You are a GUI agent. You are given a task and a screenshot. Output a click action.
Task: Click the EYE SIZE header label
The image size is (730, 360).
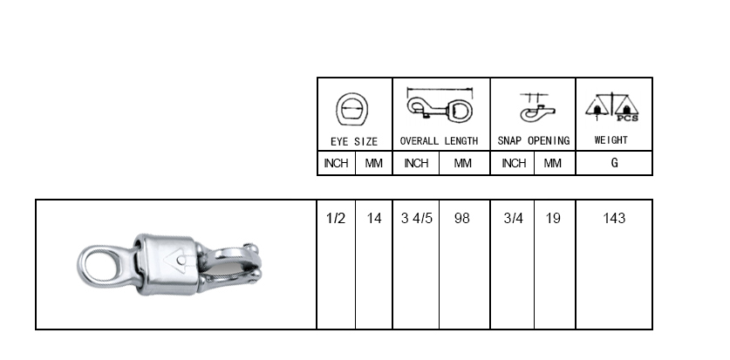point(354,141)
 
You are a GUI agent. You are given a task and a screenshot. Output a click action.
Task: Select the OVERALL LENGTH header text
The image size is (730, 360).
point(439,141)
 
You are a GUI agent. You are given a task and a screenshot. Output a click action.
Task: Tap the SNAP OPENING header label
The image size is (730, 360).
point(534,141)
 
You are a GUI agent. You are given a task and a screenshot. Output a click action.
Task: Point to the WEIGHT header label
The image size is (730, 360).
point(611,140)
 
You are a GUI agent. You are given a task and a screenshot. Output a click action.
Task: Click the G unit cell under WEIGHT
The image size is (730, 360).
point(615,163)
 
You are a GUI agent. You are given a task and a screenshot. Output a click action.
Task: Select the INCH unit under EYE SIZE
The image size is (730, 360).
point(336,163)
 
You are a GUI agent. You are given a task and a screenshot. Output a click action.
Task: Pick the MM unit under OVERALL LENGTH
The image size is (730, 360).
point(462,163)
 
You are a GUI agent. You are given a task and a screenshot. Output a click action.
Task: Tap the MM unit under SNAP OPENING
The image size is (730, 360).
point(553,163)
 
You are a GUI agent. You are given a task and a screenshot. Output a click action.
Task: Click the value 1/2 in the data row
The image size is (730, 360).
point(336,218)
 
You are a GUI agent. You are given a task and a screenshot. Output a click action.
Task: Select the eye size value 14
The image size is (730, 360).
point(374,218)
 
